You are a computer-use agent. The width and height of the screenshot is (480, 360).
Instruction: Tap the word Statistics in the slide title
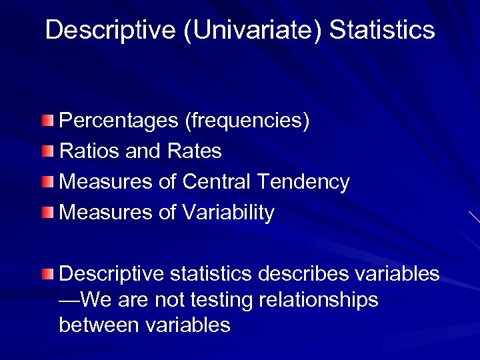[382, 30]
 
